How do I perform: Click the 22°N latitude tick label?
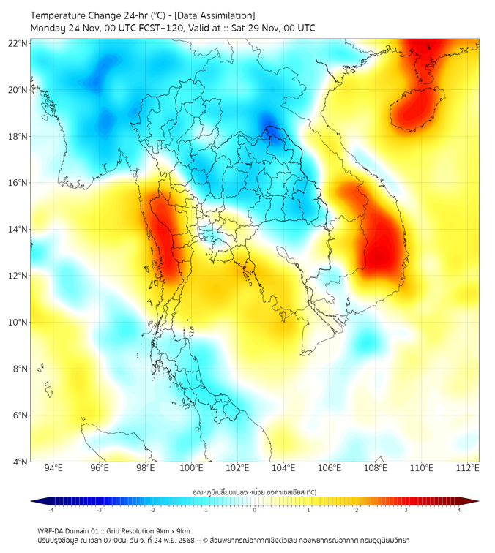pyautogui.click(x=18, y=43)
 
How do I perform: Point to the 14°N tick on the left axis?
pyautogui.click(x=18, y=230)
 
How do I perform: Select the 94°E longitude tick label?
pyautogui.click(x=53, y=468)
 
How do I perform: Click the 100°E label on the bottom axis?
pyautogui.click(x=192, y=468)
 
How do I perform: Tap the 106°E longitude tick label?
pyautogui.click(x=330, y=468)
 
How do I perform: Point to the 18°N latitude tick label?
pyautogui.click(x=18, y=137)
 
